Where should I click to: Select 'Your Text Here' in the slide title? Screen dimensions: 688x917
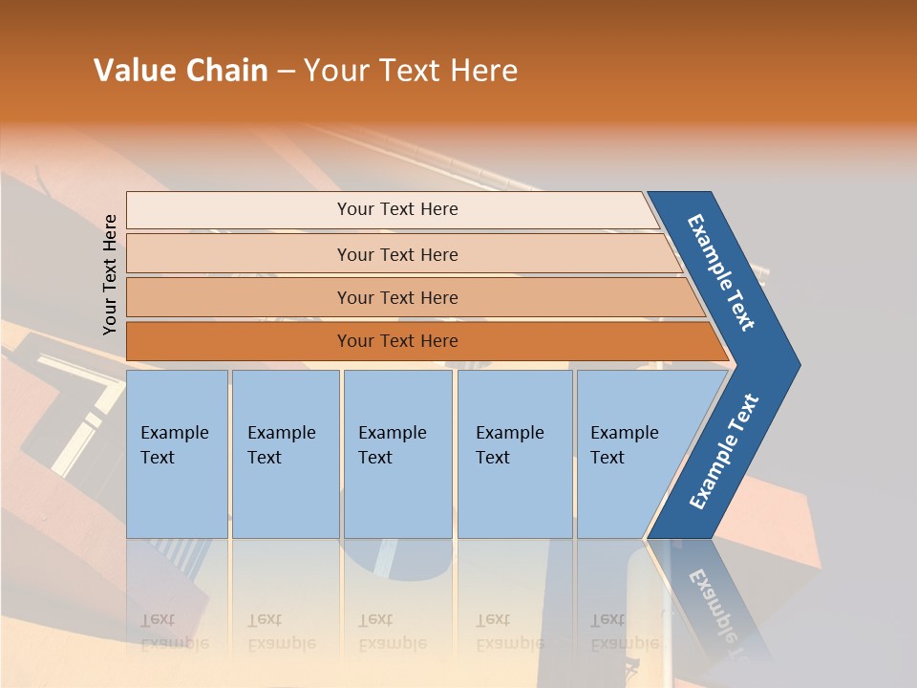(411, 71)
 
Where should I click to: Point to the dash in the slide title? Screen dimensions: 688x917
(286, 72)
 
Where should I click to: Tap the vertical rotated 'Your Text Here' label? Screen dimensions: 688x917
(111, 274)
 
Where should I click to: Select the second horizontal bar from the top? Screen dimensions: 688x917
(397, 254)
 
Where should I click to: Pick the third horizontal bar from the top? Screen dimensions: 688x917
(397, 297)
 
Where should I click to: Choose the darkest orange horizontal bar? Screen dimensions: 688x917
(397, 341)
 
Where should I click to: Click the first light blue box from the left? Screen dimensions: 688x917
(177, 454)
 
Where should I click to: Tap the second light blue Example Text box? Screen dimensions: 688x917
(285, 454)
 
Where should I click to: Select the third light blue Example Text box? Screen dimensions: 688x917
(397, 454)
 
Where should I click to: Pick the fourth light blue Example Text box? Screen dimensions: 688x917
(514, 454)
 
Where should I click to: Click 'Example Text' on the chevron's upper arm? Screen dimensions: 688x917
(721, 271)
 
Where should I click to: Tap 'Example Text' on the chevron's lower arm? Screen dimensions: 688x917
(723, 452)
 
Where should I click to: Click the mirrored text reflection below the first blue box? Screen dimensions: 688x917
(174, 632)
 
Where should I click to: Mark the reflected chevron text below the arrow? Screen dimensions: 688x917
(716, 602)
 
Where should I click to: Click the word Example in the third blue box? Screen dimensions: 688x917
(392, 433)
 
